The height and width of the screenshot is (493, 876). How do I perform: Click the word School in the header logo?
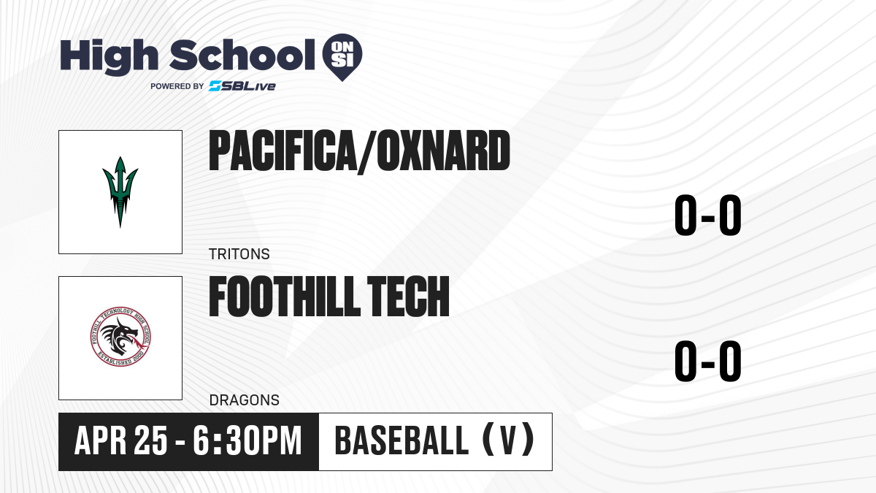(242, 55)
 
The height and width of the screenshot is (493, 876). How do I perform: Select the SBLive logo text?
(242, 86)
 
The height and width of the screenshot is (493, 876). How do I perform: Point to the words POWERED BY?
(177, 86)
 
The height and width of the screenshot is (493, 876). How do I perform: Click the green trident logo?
(120, 191)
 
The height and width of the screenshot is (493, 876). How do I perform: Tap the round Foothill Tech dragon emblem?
(120, 337)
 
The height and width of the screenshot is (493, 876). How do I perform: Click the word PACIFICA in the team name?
(282, 151)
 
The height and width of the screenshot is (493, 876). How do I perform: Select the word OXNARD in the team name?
(443, 151)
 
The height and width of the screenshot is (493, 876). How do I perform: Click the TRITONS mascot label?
(239, 254)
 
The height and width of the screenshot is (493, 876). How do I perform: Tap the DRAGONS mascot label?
(245, 400)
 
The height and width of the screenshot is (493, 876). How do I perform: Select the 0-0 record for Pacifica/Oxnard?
(708, 215)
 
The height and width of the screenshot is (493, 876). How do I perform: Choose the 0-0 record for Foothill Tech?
(708, 361)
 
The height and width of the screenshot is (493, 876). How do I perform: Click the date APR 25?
(121, 441)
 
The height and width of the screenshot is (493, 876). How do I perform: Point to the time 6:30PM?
(247, 441)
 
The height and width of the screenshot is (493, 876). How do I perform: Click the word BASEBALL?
(401, 440)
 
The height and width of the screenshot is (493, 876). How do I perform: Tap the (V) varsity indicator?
(508, 439)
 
